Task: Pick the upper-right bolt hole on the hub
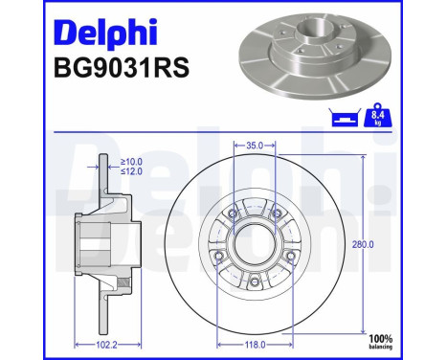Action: coord(276,213)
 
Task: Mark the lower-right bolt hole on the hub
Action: coord(289,256)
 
